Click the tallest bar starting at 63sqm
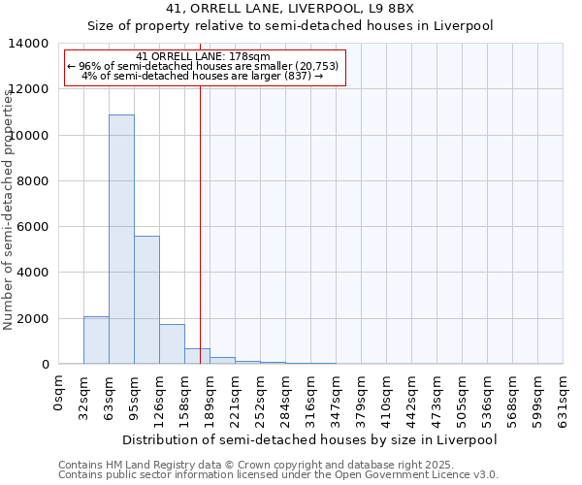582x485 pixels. (x=121, y=240)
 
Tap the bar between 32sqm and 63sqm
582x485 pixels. (x=96, y=340)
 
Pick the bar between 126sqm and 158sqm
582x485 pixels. (x=172, y=344)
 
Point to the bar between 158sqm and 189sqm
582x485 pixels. (x=197, y=356)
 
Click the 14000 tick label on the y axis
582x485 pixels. (x=29, y=44)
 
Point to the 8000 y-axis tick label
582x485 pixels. (x=33, y=181)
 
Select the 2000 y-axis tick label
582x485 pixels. (x=33, y=319)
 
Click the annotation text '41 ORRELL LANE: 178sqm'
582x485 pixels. (x=204, y=57)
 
